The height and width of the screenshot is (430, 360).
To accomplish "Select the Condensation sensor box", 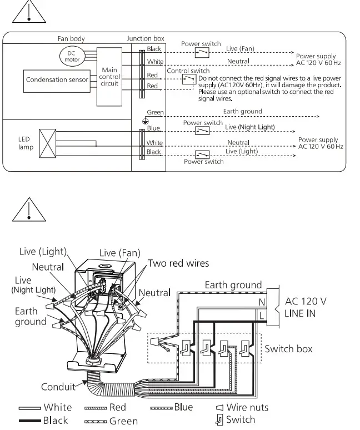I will pos(57,80).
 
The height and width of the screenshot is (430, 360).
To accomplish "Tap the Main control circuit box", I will pos(109,77).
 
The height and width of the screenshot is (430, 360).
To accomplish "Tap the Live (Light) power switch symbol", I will pos(201,154).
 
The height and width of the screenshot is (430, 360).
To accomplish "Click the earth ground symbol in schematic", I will pos(145,119).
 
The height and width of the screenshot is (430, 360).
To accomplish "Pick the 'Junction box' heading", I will pos(146,38).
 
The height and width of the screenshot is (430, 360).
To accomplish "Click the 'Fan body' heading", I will pos(71,38).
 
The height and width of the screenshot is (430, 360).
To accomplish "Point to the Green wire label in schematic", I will pos(155,112).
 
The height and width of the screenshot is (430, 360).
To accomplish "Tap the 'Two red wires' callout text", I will pos(178,263).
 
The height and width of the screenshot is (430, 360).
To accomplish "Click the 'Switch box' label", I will pos(288,349).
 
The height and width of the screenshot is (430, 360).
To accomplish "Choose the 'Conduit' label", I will pos(58,387).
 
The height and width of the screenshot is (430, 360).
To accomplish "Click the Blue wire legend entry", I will pos(172,407).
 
